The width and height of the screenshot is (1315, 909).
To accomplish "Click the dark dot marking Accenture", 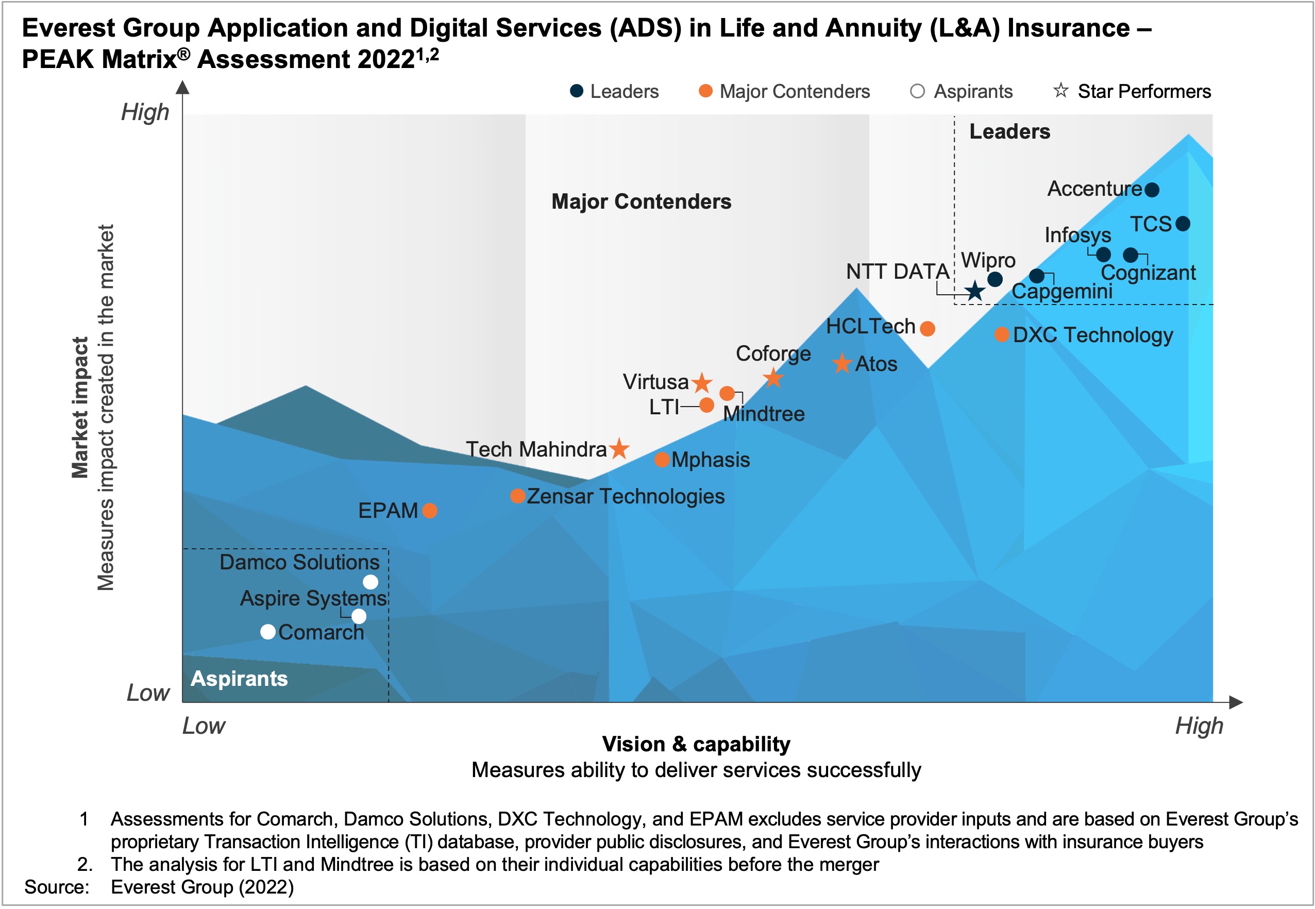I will click(1151, 190).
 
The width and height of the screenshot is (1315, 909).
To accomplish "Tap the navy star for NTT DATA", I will click(975, 291).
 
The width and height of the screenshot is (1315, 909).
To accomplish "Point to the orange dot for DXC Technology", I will click(1002, 334).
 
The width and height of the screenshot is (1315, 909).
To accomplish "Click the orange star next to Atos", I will click(842, 363).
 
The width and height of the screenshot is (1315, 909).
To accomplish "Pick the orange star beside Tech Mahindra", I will click(619, 449).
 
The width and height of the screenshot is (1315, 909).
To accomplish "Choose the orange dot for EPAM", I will click(430, 511).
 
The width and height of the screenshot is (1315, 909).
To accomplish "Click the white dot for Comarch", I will click(268, 632).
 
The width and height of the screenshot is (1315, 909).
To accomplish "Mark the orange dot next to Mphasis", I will click(661, 460).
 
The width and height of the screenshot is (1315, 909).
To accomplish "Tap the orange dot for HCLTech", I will click(927, 329).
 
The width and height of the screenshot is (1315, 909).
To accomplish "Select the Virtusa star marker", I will click(702, 383).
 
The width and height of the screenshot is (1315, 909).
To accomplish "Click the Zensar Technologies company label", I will click(626, 496).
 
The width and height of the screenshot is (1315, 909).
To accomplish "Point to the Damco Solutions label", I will click(299, 562).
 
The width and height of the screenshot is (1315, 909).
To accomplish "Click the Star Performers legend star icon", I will click(1060, 91).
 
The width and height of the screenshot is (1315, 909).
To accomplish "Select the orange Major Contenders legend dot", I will click(705, 91).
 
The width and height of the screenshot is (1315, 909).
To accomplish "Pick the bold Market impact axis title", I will click(80, 408).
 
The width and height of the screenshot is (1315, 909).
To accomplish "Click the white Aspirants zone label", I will click(239, 678).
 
